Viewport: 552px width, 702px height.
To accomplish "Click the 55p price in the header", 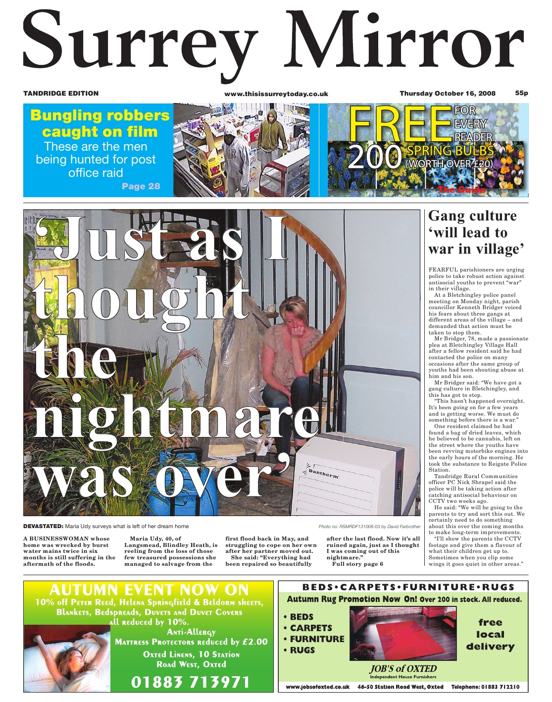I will [521, 93].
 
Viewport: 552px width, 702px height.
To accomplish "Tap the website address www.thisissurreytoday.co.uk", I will [276, 94].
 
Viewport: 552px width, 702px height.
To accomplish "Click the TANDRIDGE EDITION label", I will [61, 93].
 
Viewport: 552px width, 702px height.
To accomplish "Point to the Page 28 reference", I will [141, 186].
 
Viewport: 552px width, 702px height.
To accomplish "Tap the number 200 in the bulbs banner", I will [374, 157].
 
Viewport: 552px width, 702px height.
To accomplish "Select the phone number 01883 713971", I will [191, 682].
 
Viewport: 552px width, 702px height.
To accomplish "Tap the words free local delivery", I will [490, 635].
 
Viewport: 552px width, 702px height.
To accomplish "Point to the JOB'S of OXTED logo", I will [402, 669].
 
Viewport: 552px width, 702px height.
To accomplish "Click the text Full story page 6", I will [357, 564].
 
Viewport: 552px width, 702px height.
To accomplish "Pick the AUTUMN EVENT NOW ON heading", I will [149, 590].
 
